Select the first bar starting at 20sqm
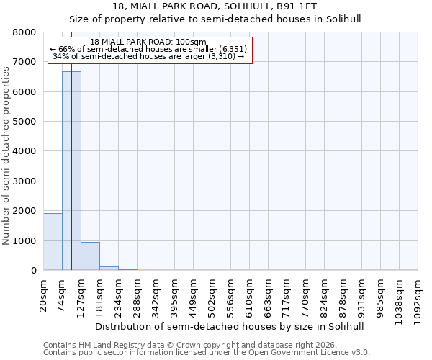53,242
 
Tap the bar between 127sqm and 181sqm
90,256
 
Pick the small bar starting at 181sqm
109,269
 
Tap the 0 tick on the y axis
33,271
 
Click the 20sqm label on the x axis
44,294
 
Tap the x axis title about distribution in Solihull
230,326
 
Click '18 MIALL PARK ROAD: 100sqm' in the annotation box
150,42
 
